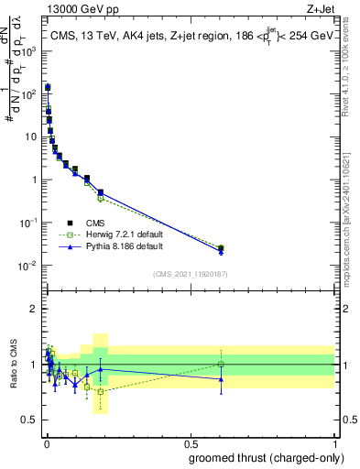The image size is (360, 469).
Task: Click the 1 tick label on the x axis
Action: pos(335,443)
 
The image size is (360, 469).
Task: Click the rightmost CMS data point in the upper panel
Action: pos(220,247)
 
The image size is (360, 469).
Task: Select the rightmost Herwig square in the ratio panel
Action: pos(220,364)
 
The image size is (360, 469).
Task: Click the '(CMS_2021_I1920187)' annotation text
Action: pos(190,274)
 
